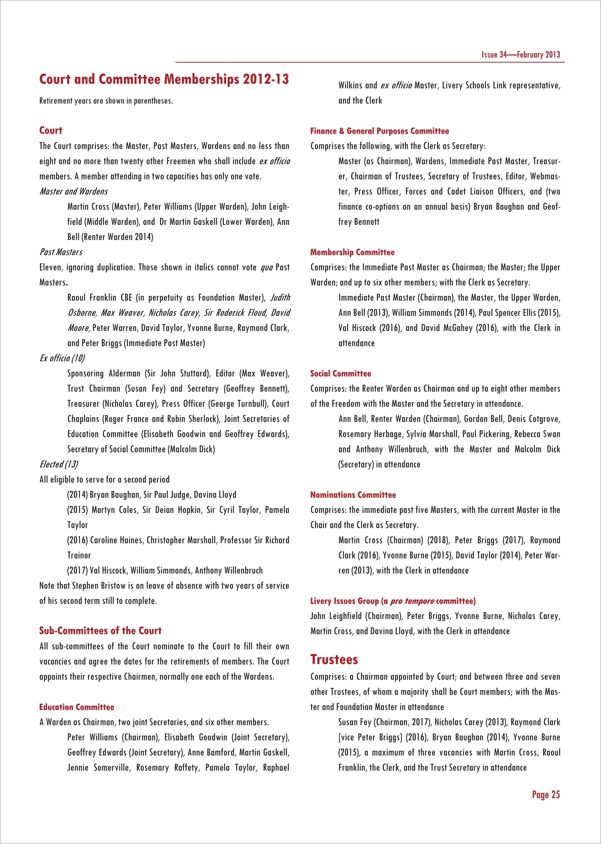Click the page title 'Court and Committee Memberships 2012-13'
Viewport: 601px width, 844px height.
click(x=164, y=79)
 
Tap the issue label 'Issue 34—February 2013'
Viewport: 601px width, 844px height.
click(x=520, y=55)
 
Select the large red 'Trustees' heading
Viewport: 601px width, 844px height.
click(x=334, y=660)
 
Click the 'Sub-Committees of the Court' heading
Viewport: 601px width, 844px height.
click(x=100, y=630)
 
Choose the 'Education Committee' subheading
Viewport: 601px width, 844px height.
click(x=77, y=707)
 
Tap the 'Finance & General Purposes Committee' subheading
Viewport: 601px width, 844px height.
click(x=379, y=131)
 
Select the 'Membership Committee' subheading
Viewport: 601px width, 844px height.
click(x=352, y=252)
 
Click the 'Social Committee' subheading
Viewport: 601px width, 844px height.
click(x=341, y=373)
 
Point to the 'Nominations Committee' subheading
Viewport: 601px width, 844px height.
click(x=353, y=495)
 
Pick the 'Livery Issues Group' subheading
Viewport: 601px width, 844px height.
click(x=393, y=601)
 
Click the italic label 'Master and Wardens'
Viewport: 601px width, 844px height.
click(x=74, y=192)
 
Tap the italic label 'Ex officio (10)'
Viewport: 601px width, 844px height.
click(x=62, y=358)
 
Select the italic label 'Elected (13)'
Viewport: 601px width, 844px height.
click(x=59, y=464)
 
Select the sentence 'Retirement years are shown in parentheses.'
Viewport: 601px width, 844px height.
click(x=106, y=101)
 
